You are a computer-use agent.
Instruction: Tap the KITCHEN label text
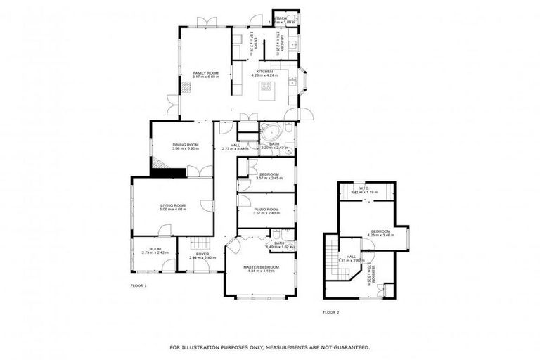264,72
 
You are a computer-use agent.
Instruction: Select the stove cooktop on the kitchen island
266,87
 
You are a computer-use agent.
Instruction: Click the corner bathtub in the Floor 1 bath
270,131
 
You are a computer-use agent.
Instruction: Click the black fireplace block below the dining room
172,172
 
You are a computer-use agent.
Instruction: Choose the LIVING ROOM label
172,205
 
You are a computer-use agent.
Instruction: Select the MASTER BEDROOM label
261,267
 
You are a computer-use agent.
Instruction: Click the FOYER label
202,254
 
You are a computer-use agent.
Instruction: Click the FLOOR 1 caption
139,286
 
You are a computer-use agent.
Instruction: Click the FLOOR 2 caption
330,311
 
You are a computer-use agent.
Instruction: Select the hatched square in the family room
186,87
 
